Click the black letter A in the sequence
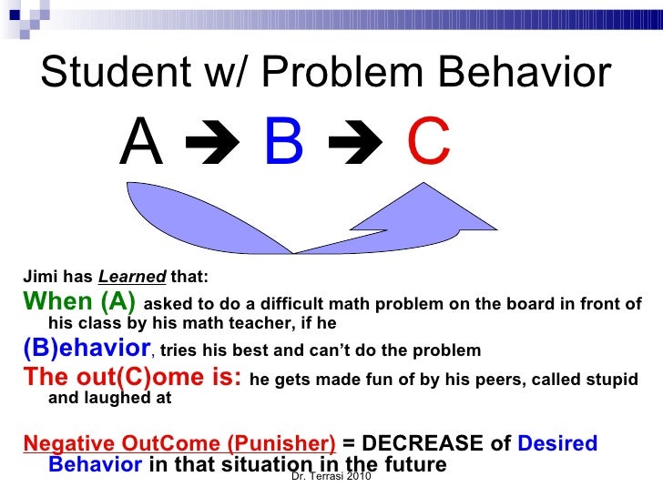(x=141, y=144)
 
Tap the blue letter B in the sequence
(x=283, y=144)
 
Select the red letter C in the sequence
(x=428, y=144)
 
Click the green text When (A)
(x=80, y=302)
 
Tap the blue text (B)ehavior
(x=87, y=349)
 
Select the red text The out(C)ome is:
(x=132, y=377)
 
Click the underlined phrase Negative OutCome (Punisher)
(x=179, y=443)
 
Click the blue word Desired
(x=556, y=443)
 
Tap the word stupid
(x=609, y=379)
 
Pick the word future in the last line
(x=416, y=464)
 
